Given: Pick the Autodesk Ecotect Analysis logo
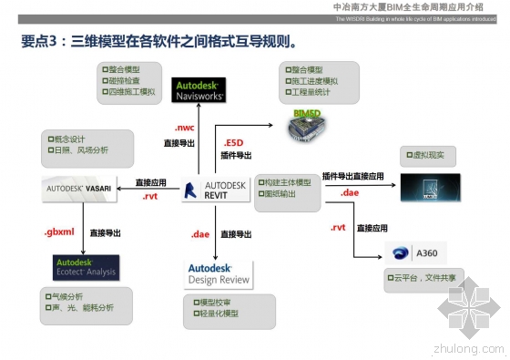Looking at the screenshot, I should click(85, 266).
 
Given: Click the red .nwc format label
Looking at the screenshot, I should click(185, 129).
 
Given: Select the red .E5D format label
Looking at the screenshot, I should click(235, 143).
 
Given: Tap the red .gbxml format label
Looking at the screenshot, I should click(58, 233).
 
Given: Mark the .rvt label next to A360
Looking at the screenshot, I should click(338, 227).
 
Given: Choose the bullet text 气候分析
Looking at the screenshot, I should click(68, 296).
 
